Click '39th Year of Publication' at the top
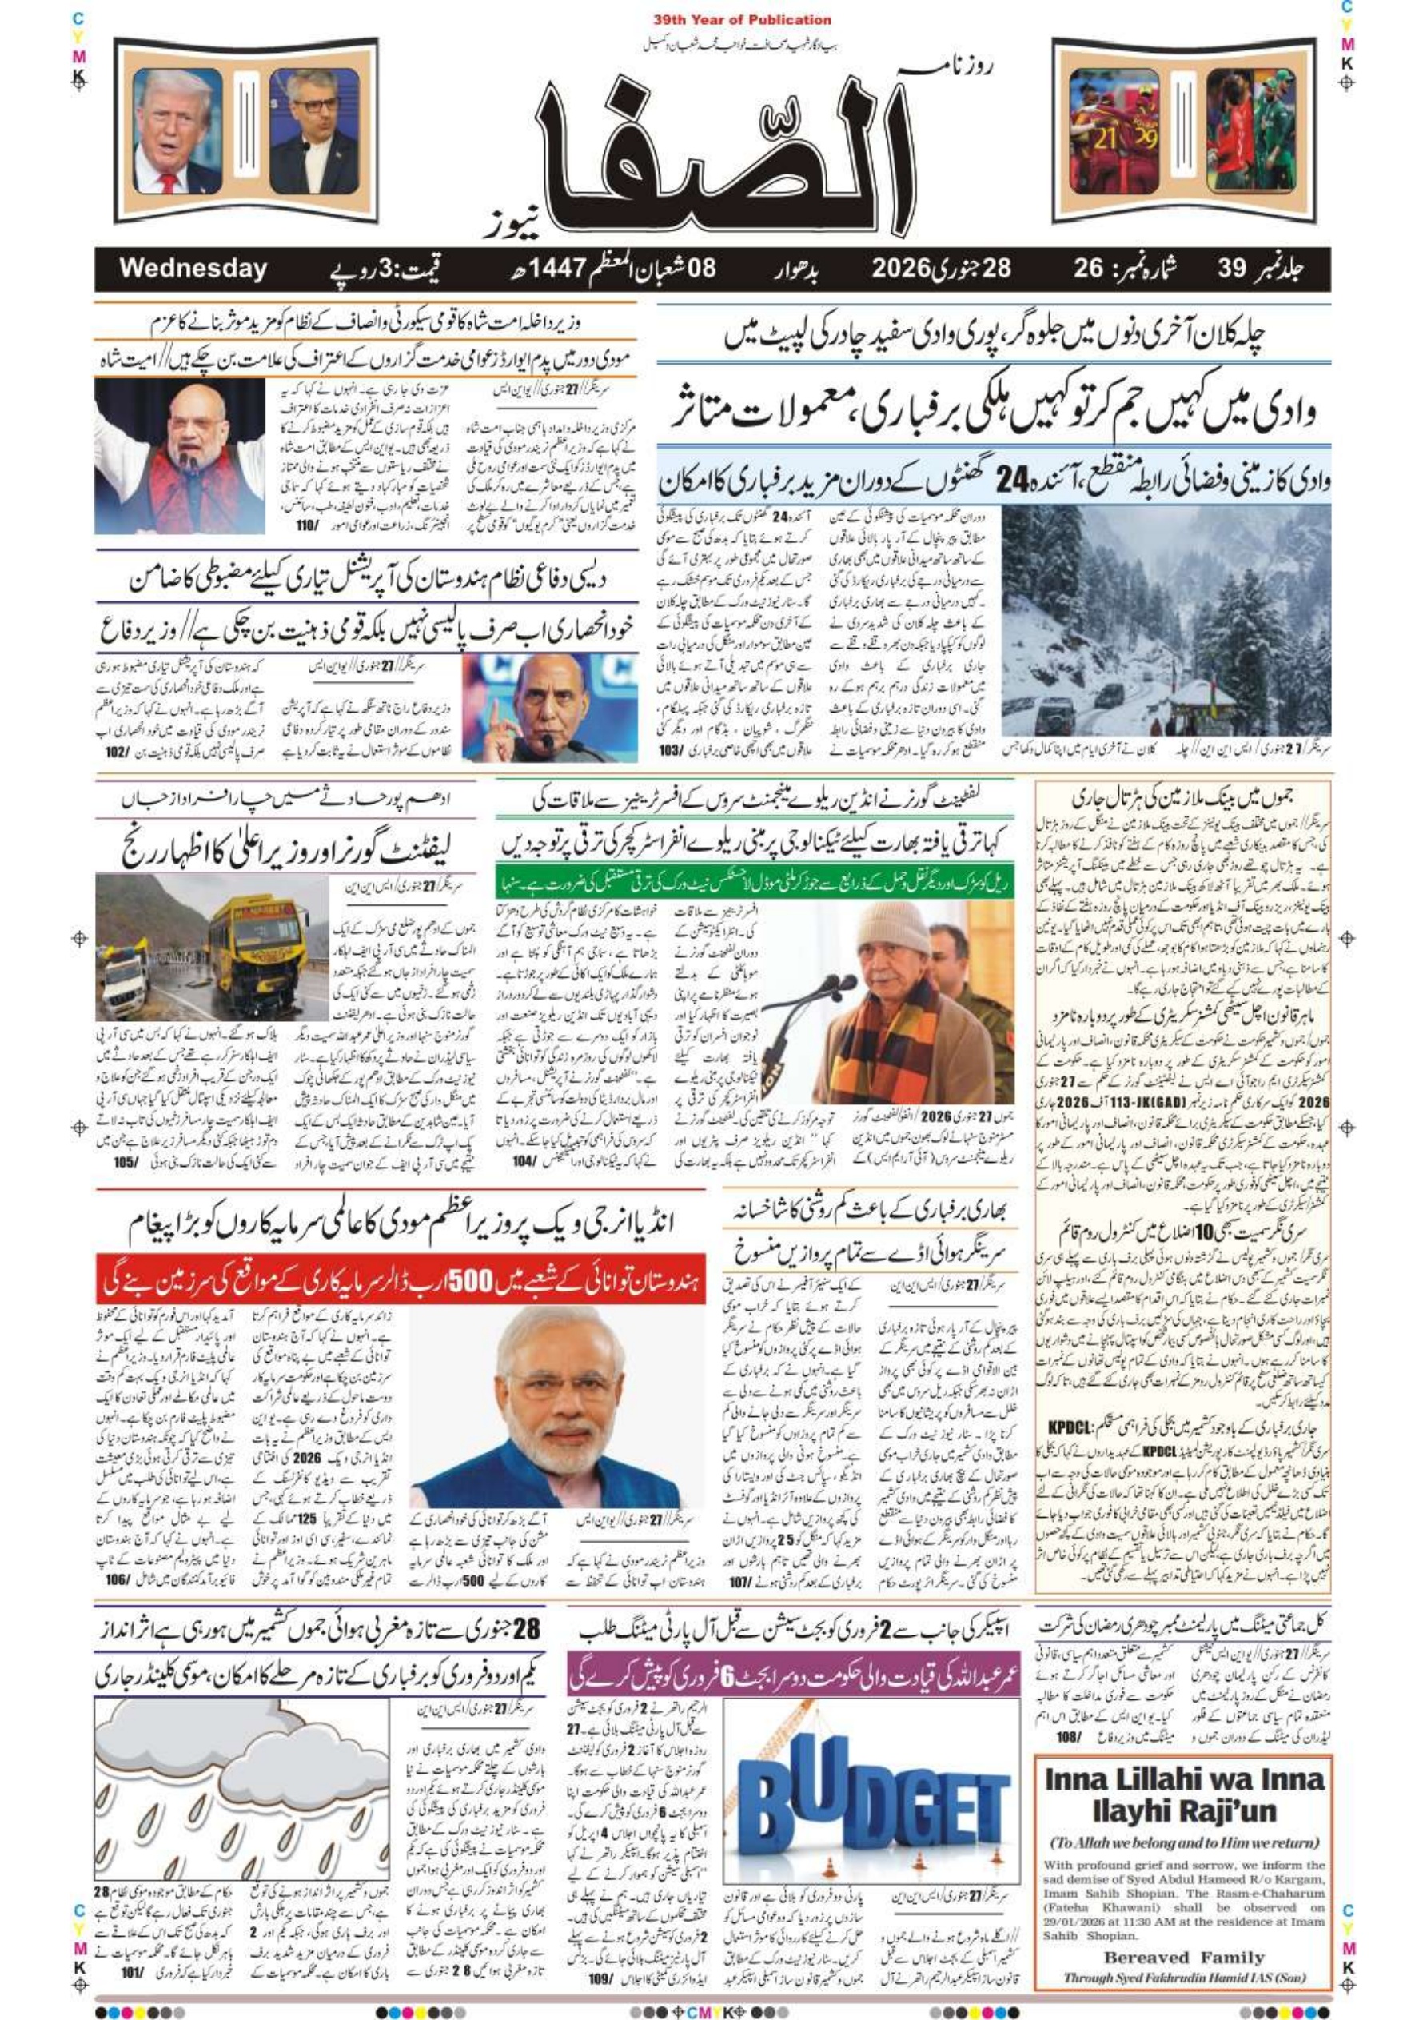point(743,19)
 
